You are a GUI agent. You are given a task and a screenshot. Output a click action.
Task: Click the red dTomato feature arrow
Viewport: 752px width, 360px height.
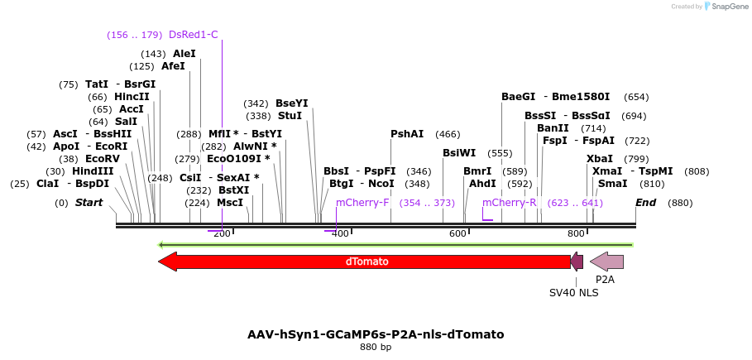tap(364, 262)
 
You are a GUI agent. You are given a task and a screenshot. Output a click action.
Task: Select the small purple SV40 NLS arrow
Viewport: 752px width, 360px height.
tap(577, 262)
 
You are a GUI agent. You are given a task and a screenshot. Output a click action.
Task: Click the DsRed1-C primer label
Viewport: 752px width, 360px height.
tap(193, 35)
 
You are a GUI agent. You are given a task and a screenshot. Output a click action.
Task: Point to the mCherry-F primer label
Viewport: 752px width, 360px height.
tap(362, 203)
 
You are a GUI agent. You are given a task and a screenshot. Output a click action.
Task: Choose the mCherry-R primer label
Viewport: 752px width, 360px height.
tap(509, 203)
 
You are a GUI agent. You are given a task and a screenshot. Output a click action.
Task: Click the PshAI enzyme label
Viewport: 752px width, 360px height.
tap(407, 134)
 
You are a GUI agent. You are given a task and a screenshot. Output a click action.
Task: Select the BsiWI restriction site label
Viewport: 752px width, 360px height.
tap(459, 153)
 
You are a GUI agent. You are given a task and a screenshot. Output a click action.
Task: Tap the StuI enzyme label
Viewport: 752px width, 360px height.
tap(290, 116)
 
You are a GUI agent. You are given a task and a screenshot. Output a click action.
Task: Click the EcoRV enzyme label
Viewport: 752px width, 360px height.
tap(103, 159)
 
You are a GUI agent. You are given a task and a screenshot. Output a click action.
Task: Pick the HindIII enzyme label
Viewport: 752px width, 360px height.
tap(92, 171)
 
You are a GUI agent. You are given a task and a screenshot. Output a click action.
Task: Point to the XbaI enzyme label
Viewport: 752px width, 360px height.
tap(600, 159)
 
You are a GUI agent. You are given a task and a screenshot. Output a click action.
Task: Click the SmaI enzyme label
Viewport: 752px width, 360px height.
tap(613, 184)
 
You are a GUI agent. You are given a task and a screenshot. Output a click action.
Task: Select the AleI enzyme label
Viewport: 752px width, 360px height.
tap(184, 54)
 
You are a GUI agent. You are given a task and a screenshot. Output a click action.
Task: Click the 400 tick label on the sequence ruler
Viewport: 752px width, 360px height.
tap(340, 234)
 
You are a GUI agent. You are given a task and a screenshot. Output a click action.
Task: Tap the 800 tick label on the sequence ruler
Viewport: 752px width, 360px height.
tap(577, 234)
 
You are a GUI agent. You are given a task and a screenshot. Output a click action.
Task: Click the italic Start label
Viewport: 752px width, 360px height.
tap(89, 203)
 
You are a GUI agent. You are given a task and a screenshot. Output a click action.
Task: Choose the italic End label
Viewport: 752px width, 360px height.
tap(645, 203)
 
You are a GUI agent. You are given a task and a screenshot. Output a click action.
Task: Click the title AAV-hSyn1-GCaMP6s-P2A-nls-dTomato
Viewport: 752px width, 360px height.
tap(376, 334)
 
